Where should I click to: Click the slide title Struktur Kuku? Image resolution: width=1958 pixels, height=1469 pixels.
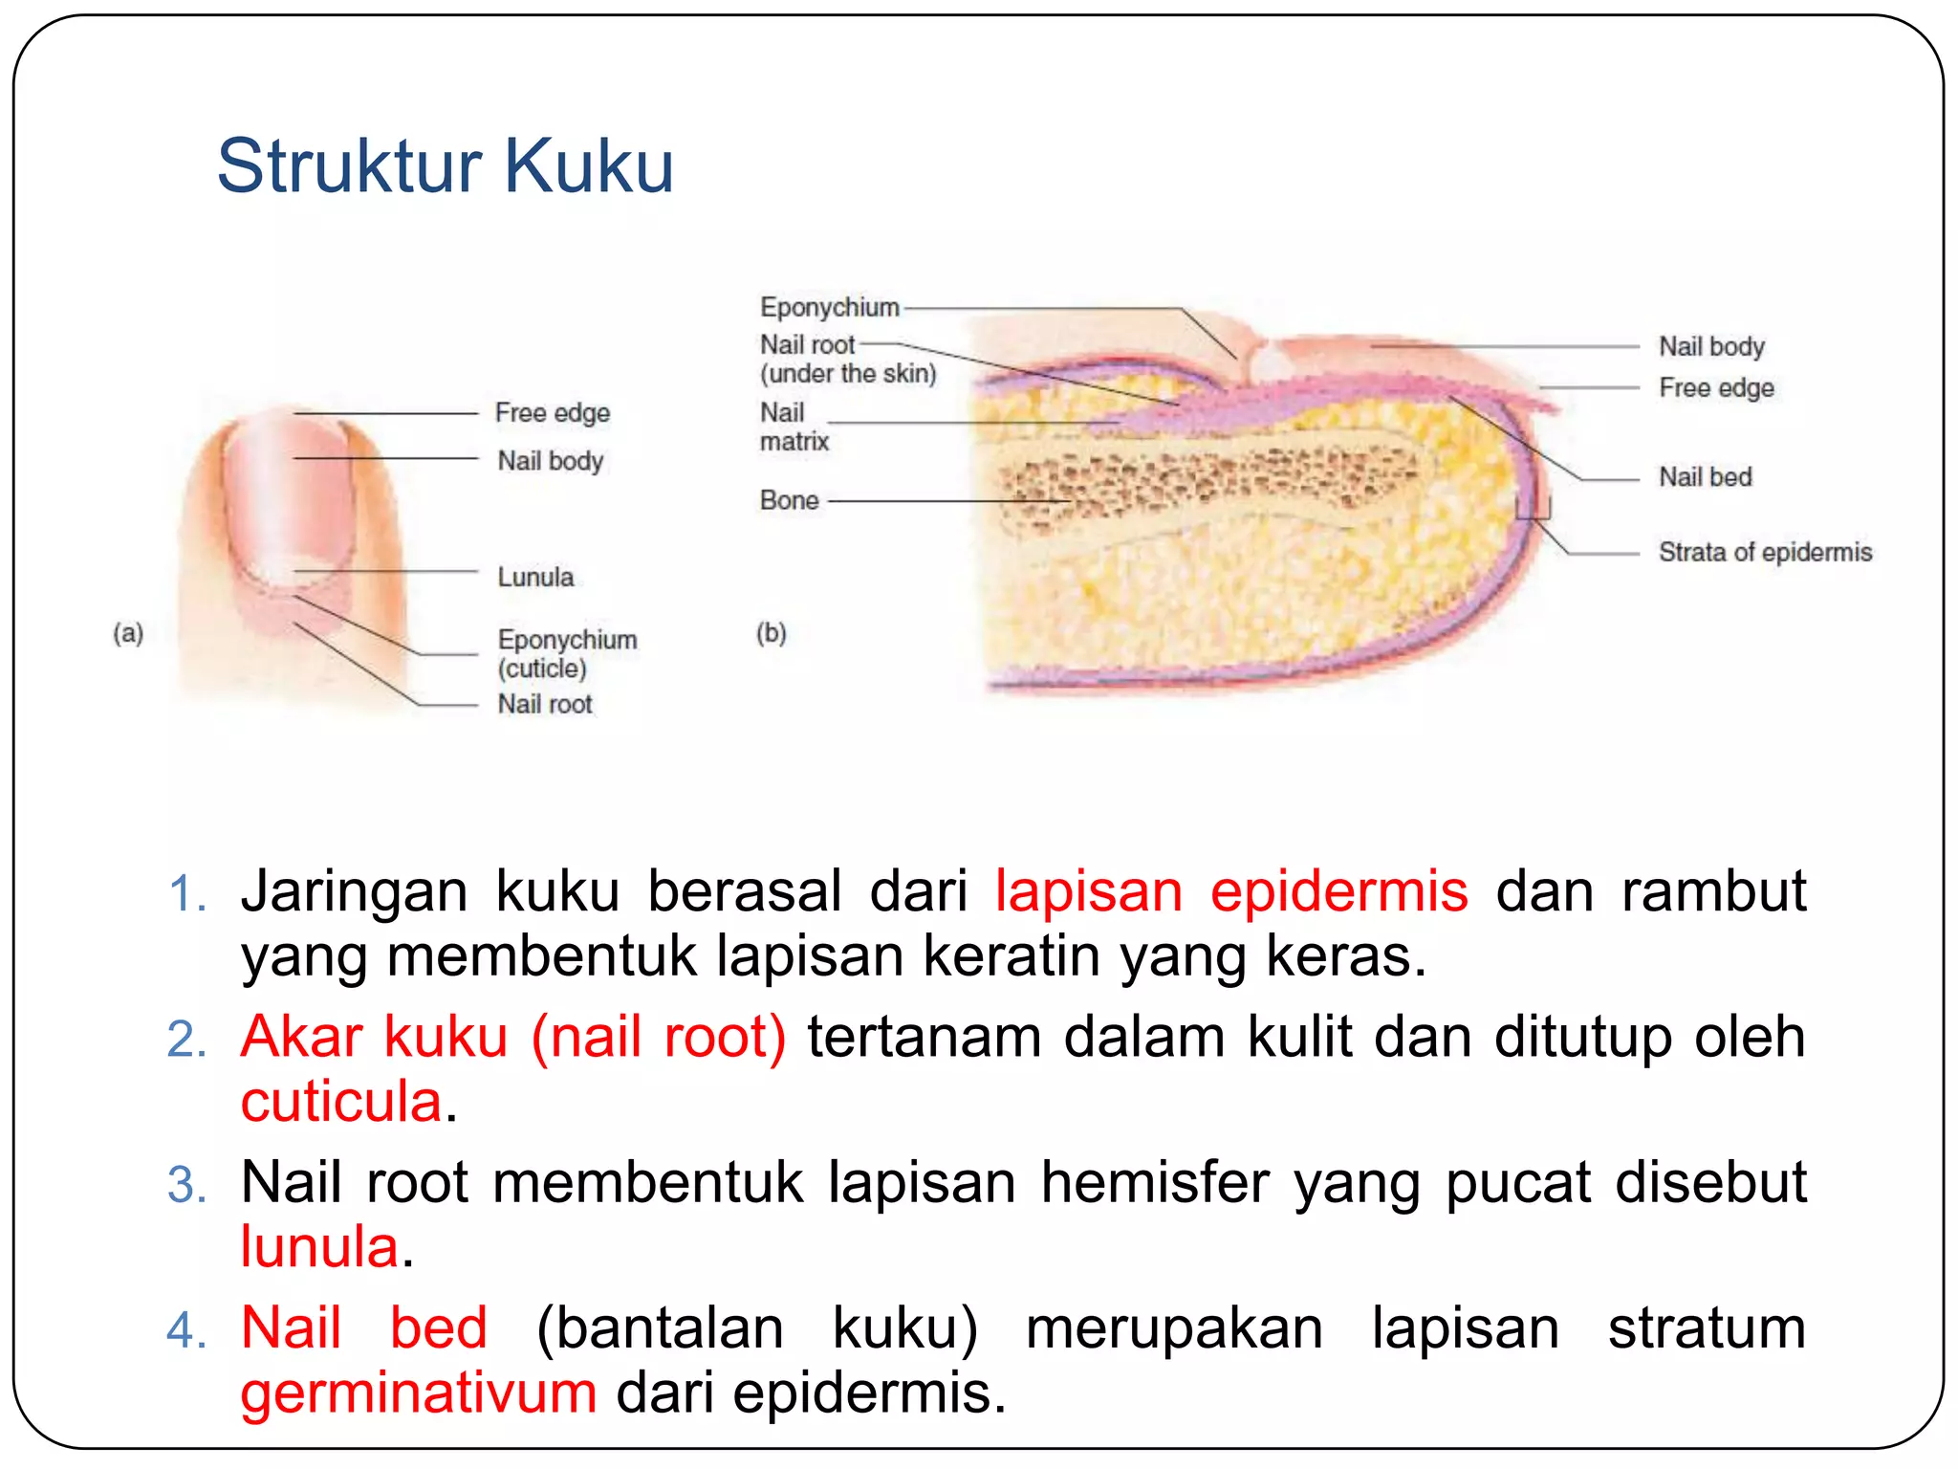coord(446,166)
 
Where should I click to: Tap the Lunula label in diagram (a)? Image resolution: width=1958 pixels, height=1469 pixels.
coord(535,578)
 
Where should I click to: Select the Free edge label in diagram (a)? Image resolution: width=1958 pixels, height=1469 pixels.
coord(552,413)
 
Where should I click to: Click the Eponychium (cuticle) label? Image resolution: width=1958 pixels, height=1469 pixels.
coord(566,654)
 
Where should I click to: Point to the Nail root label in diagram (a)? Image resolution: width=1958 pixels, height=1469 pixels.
coord(544,705)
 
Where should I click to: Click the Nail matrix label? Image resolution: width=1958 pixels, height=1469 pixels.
coord(793,428)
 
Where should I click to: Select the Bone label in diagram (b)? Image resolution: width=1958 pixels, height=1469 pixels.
coord(789,500)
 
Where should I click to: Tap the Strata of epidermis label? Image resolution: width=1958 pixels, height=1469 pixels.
coord(1764,553)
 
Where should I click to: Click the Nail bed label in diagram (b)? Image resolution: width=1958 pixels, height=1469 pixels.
coord(1705,477)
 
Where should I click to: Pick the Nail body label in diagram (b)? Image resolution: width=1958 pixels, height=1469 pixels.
coord(1710,346)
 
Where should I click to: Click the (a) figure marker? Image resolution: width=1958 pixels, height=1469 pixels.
coord(128,633)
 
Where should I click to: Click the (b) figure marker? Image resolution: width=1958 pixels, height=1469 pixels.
coord(771,633)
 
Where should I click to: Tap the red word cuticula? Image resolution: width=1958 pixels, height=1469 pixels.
coord(340,1102)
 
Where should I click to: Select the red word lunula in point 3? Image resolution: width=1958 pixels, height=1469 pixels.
coord(318,1247)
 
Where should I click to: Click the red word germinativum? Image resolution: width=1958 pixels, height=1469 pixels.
coord(418,1392)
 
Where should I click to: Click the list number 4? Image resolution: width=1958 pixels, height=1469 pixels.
coord(185,1330)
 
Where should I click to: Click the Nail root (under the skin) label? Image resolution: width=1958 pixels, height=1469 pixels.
coord(847,359)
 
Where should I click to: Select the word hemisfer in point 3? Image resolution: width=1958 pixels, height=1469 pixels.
coord(1155,1183)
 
